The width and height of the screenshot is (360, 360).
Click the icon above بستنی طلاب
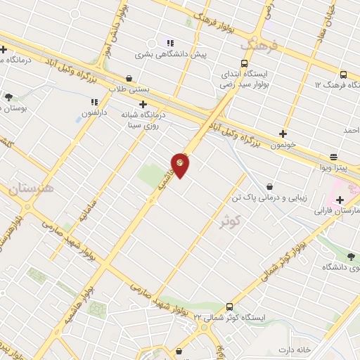point(129,78)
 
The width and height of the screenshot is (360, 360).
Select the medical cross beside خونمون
point(283,133)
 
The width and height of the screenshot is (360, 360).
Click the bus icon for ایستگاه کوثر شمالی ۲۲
point(230,306)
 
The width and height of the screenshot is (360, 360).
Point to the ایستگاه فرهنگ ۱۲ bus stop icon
point(342,75)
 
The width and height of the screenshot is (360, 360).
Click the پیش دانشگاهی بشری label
point(170,54)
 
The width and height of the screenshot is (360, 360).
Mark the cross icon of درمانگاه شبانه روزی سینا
point(143,104)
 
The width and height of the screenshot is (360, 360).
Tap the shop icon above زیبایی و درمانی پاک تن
point(270,186)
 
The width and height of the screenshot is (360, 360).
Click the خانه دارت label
point(295,349)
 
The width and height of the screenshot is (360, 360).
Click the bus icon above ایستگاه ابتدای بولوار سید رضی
point(244,63)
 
